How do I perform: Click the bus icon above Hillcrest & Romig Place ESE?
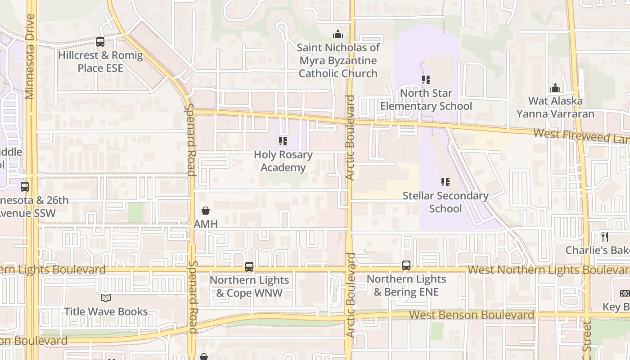pos(100,42)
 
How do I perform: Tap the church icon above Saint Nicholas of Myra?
pos(337,34)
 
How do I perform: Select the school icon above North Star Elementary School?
pos(426,80)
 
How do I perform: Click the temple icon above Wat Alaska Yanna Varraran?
pos(555,87)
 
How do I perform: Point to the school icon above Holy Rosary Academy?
pos(283,141)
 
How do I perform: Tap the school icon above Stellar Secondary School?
pos(445,182)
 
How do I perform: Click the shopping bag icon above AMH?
pos(206,211)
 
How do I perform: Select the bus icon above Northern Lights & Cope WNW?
pos(249,266)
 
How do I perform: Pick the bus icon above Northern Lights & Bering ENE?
pos(406,265)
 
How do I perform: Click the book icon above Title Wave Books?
pos(106,298)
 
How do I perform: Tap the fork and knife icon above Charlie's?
pos(605,237)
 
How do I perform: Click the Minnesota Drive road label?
pos(30,56)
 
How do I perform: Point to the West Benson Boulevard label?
pos(471,315)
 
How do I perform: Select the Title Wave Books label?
pos(106,311)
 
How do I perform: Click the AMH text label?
pos(206,224)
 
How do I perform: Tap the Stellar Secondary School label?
pos(445,202)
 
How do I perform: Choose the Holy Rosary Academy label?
pos(283,161)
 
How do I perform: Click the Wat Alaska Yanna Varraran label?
pos(555,107)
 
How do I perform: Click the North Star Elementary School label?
pos(426,99)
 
